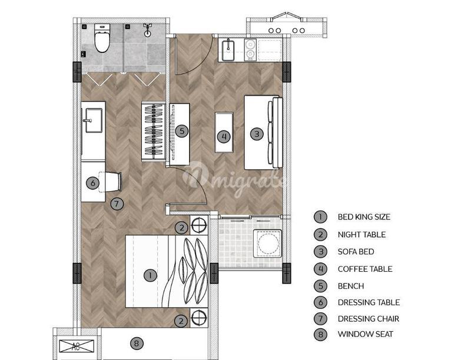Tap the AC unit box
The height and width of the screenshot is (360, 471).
77,346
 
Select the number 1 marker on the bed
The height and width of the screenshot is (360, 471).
150,275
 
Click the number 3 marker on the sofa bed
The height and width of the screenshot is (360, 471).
257,134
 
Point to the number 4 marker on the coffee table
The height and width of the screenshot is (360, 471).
224,137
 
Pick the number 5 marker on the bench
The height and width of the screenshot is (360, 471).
182,131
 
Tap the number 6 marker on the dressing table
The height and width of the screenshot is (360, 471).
92,183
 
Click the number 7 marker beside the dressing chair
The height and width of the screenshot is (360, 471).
117,204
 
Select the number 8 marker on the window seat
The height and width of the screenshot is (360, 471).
137,343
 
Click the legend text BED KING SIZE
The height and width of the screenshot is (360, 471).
364,217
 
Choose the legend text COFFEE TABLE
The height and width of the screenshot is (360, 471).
365,269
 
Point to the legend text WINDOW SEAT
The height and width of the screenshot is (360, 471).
365,334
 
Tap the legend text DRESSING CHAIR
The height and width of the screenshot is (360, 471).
369,319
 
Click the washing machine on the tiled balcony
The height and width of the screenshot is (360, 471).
267,244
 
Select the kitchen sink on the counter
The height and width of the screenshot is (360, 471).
229,50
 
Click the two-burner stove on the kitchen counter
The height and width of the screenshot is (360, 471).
250,50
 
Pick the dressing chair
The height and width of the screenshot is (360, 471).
111,182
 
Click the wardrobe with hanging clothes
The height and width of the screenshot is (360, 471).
154,132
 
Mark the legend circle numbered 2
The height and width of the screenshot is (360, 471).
320,234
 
